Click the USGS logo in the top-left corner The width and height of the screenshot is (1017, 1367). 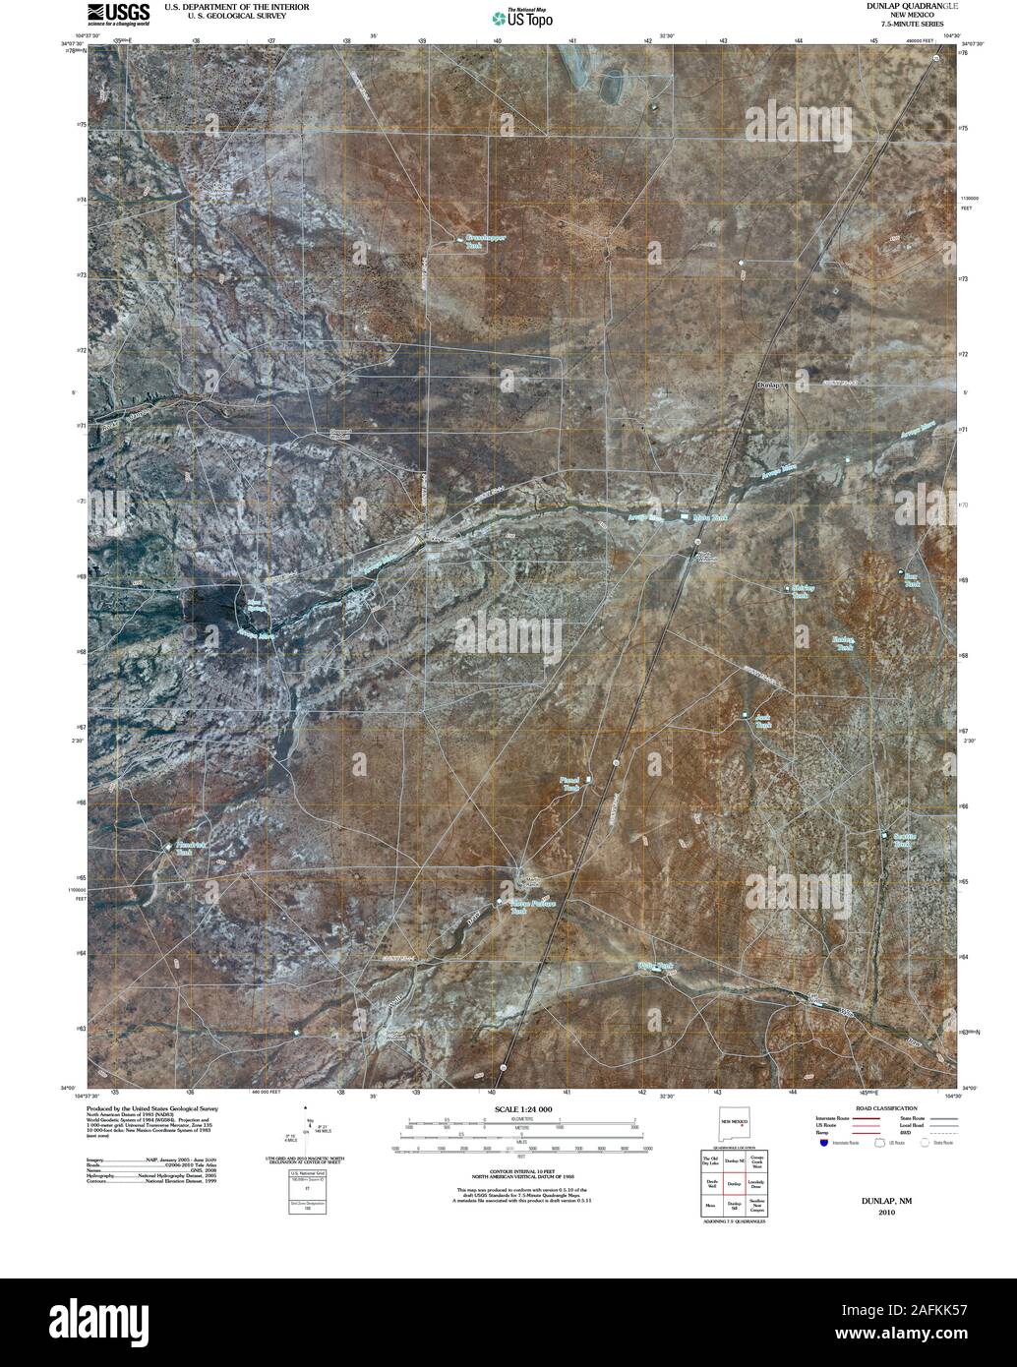click(x=118, y=14)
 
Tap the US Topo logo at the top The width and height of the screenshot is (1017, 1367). click(x=523, y=17)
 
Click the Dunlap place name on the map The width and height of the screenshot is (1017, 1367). click(x=768, y=386)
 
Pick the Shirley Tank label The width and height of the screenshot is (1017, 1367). click(x=802, y=592)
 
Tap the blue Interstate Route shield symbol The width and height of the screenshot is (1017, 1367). click(x=822, y=1143)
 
